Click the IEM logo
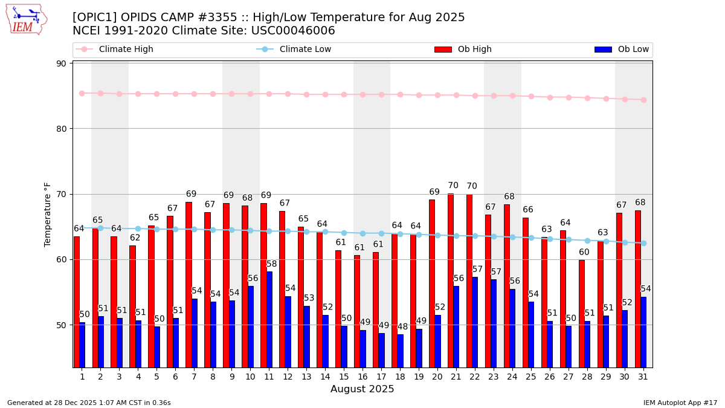[x=26, y=19]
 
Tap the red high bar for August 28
[x=581, y=314]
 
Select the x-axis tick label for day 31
[x=643, y=377]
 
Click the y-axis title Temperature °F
[x=48, y=214]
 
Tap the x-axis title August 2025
[x=362, y=389]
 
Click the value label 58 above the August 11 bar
[x=271, y=264]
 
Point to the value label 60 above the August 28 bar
[x=584, y=253]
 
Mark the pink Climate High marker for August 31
[x=643, y=100]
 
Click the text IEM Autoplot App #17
[x=680, y=403]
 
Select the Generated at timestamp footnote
[x=89, y=403]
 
